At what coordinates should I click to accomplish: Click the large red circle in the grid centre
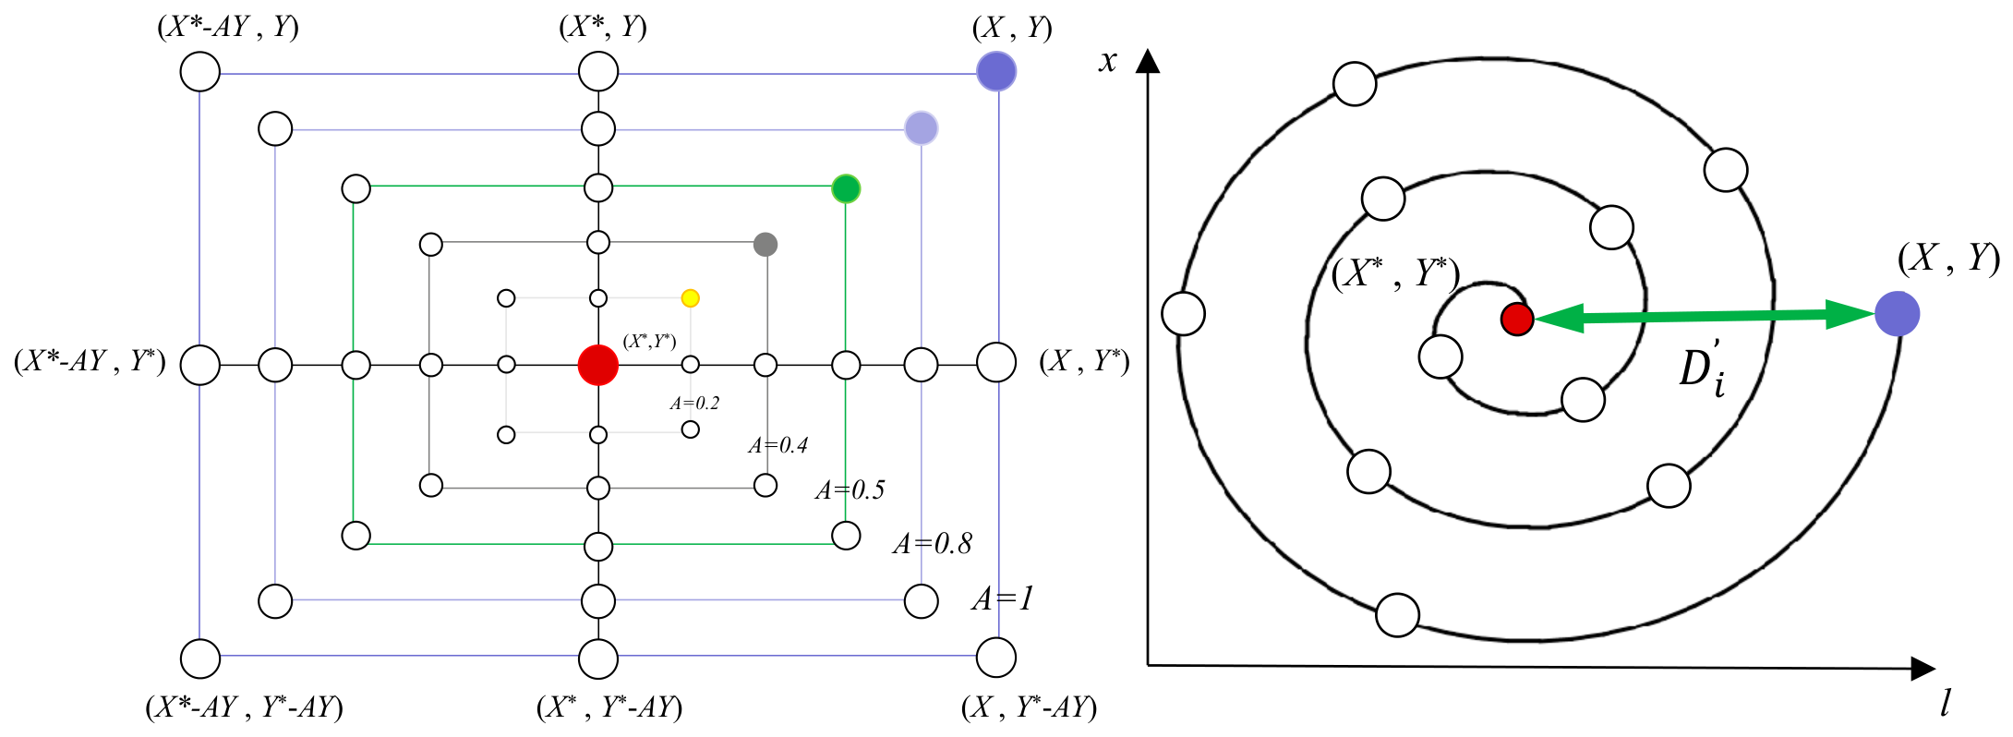(x=598, y=365)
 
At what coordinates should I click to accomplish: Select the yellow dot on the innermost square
(x=690, y=298)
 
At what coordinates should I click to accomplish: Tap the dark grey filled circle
(x=765, y=245)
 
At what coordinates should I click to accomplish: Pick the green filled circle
(x=846, y=188)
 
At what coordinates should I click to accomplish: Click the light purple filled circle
(x=922, y=128)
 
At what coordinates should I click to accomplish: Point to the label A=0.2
(x=694, y=404)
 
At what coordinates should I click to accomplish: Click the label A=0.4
(x=777, y=446)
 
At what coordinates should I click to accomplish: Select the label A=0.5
(x=850, y=490)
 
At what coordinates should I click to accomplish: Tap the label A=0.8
(x=933, y=544)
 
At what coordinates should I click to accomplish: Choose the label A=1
(x=1003, y=599)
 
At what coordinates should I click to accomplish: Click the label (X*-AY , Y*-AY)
(x=245, y=708)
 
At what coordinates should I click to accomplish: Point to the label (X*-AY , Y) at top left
(x=228, y=27)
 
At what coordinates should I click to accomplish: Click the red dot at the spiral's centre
(x=1517, y=319)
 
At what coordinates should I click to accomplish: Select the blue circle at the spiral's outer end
(x=1898, y=314)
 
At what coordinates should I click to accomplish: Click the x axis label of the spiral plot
(x=1108, y=62)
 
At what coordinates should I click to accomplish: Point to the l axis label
(x=1945, y=704)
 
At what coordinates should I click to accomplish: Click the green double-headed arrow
(x=1705, y=317)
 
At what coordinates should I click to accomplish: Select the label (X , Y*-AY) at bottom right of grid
(x=1030, y=708)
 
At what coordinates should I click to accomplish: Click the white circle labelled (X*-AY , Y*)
(x=200, y=365)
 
